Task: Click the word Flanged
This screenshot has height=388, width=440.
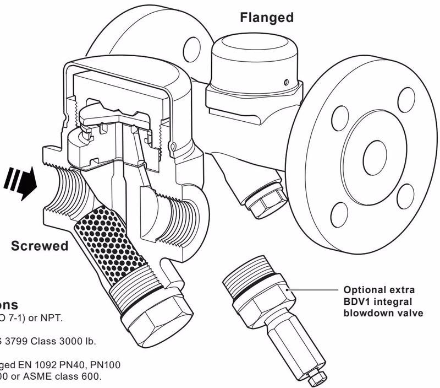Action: [267, 18]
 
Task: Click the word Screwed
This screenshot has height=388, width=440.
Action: [40, 246]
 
